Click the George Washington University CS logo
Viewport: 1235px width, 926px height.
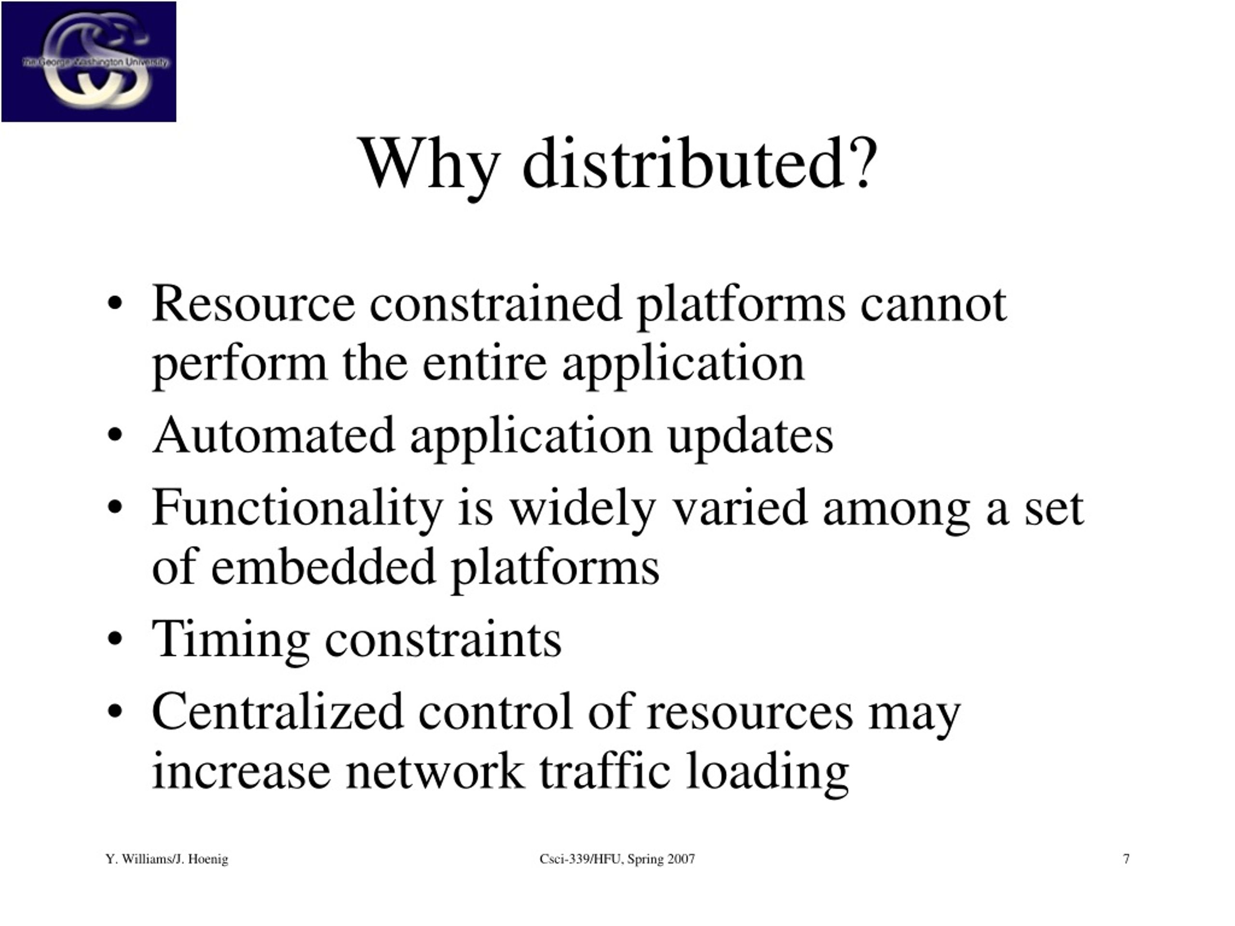coord(89,61)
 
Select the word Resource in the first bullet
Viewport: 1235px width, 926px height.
coord(253,304)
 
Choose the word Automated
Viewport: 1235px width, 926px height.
coord(274,436)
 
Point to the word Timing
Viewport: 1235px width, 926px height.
coord(231,640)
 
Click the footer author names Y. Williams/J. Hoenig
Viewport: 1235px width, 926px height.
coord(167,859)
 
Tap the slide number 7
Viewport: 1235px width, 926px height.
coord(1126,859)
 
